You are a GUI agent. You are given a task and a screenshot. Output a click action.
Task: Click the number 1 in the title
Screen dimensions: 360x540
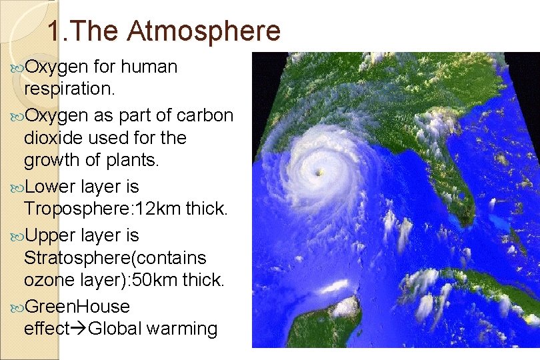[56, 31]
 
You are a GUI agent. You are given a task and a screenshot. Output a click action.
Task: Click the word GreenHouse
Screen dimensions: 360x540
[77, 306]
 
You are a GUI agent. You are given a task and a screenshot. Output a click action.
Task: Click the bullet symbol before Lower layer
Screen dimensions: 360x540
[17, 187]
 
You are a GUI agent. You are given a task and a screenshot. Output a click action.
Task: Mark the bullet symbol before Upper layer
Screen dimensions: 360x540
[17, 235]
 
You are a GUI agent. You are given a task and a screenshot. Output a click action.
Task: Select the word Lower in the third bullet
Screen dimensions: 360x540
[52, 186]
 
